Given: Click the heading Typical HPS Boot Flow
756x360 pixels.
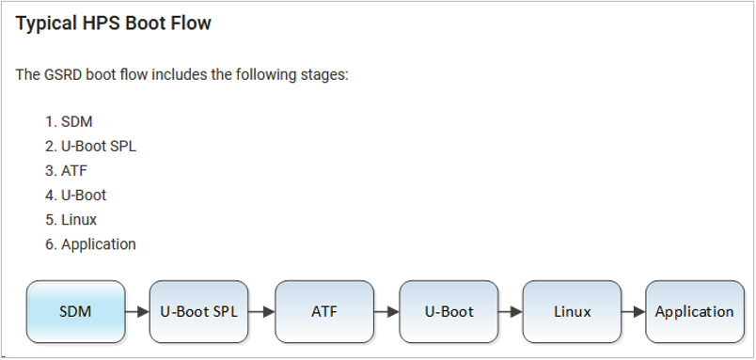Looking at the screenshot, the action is [114, 23].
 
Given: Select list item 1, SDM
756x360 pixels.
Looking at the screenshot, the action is [77, 122].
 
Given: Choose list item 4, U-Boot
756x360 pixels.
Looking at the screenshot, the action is [84, 196].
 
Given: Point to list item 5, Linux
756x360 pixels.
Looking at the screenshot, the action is [79, 220].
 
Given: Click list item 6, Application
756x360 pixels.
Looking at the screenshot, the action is [99, 244].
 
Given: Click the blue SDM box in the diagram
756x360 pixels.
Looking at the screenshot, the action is [75, 311].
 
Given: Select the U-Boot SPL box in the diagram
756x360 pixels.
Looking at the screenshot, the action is [199, 311].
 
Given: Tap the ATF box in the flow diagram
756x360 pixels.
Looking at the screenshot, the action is [323, 311].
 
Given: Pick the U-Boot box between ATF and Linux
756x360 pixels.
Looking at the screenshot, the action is [449, 311].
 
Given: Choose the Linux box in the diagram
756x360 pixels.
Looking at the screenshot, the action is [572, 311].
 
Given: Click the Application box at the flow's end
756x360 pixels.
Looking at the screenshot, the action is [694, 311].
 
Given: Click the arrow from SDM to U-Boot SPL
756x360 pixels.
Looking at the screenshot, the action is [137, 311].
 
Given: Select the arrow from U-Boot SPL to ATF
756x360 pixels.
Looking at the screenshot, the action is [261, 311].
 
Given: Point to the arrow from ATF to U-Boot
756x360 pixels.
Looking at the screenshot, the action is [386, 311].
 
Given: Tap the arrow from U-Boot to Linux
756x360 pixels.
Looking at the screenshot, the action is [511, 311].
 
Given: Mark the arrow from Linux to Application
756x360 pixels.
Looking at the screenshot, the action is [634, 311].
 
